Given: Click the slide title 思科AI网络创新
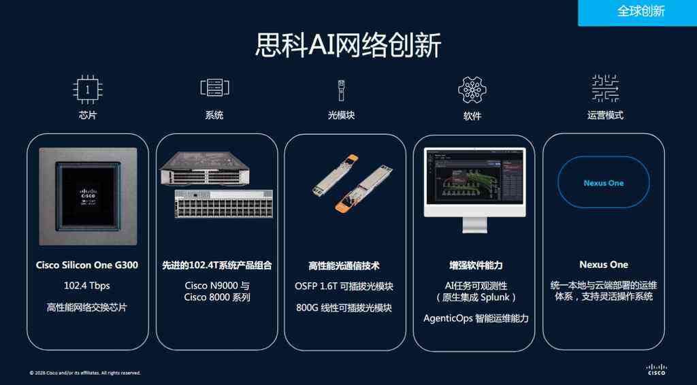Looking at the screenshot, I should [348, 45].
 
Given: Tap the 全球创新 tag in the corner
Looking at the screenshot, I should [641, 12].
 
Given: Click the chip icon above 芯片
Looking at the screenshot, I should [87, 88].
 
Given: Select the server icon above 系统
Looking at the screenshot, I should [214, 88].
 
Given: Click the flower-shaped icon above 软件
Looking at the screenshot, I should [472, 89].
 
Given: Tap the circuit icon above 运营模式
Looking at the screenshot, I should [605, 88].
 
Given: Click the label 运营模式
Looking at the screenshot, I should [605, 115].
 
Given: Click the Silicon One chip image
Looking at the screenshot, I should [88, 196].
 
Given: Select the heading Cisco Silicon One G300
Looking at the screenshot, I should [87, 265].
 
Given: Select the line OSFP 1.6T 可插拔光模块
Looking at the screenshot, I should [344, 286].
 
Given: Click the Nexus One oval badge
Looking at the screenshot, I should [603, 183].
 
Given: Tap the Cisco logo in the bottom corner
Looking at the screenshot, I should [656, 369].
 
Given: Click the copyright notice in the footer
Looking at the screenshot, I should [85, 373].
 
